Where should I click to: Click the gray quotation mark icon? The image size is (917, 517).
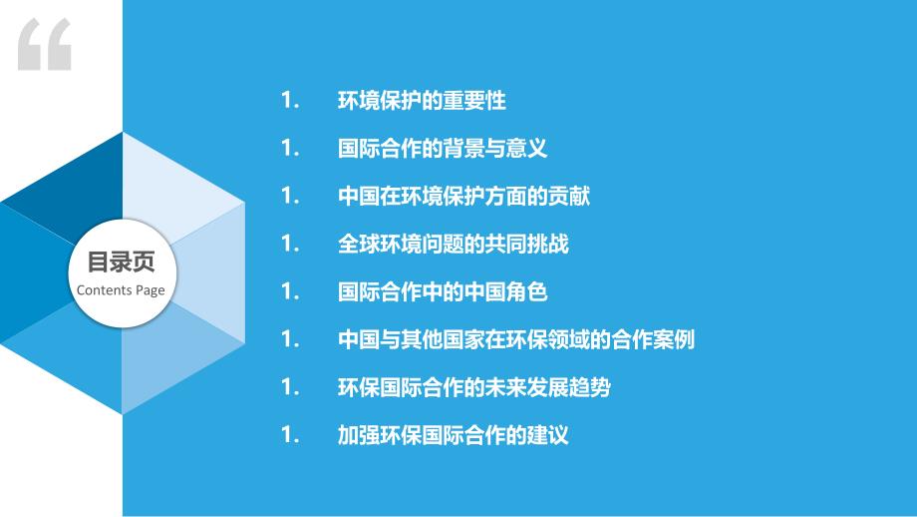pos(45,44)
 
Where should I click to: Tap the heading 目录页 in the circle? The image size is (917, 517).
pos(121,261)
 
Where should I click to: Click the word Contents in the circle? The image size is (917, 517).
pos(104,289)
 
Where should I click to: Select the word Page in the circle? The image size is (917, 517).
pos(151,291)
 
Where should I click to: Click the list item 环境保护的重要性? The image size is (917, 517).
pos(422,101)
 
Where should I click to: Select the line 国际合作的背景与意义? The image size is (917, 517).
pos(443,148)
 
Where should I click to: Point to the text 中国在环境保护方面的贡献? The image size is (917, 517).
pos(463,197)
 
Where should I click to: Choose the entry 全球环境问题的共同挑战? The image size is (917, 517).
pos(454,244)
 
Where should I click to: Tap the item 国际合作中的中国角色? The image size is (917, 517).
pos(443,291)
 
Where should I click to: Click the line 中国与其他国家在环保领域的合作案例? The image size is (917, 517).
pos(516,339)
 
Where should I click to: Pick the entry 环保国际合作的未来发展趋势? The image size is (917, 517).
pos(474,387)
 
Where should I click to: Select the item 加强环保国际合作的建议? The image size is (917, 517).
pos(454,434)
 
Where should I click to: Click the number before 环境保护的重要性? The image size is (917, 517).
pos(290,101)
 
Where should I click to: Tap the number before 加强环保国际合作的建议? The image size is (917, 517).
pos(290,434)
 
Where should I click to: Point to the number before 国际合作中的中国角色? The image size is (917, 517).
pos(290,291)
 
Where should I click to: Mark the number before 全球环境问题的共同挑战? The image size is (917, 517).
pos(290,244)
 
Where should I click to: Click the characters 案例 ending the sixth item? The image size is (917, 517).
pos(675,339)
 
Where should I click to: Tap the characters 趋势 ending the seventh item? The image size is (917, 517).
pos(590,387)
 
